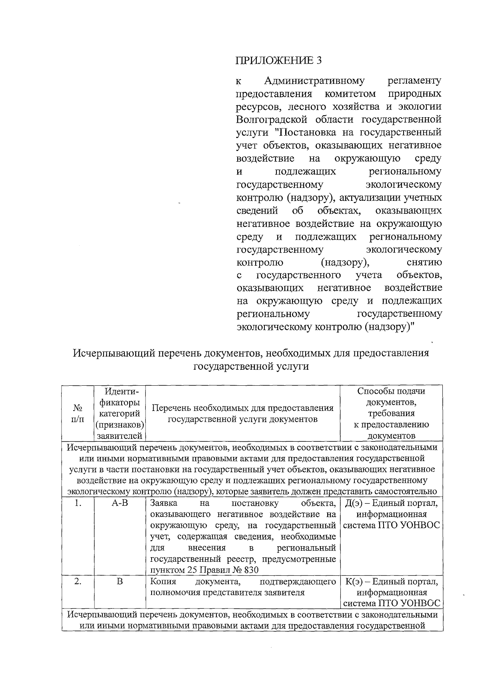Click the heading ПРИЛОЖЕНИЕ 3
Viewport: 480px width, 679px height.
pos(279,60)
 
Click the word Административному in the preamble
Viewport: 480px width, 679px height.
pos(314,81)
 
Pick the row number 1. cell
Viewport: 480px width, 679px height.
pos(78,503)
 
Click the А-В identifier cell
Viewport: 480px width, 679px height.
pos(120,503)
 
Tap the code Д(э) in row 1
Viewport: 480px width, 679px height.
pos(354,503)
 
